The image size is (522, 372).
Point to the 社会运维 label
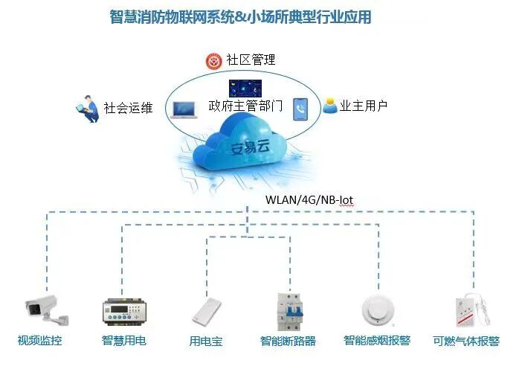(128, 108)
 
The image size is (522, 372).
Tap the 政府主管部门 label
(245, 106)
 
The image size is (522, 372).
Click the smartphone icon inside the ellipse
(300, 109)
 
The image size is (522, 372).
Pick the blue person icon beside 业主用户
(329, 106)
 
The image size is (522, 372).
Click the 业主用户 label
(364, 106)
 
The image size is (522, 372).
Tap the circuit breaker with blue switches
(290, 311)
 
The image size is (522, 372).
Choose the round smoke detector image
(376, 310)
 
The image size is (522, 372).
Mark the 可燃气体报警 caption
(466, 341)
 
